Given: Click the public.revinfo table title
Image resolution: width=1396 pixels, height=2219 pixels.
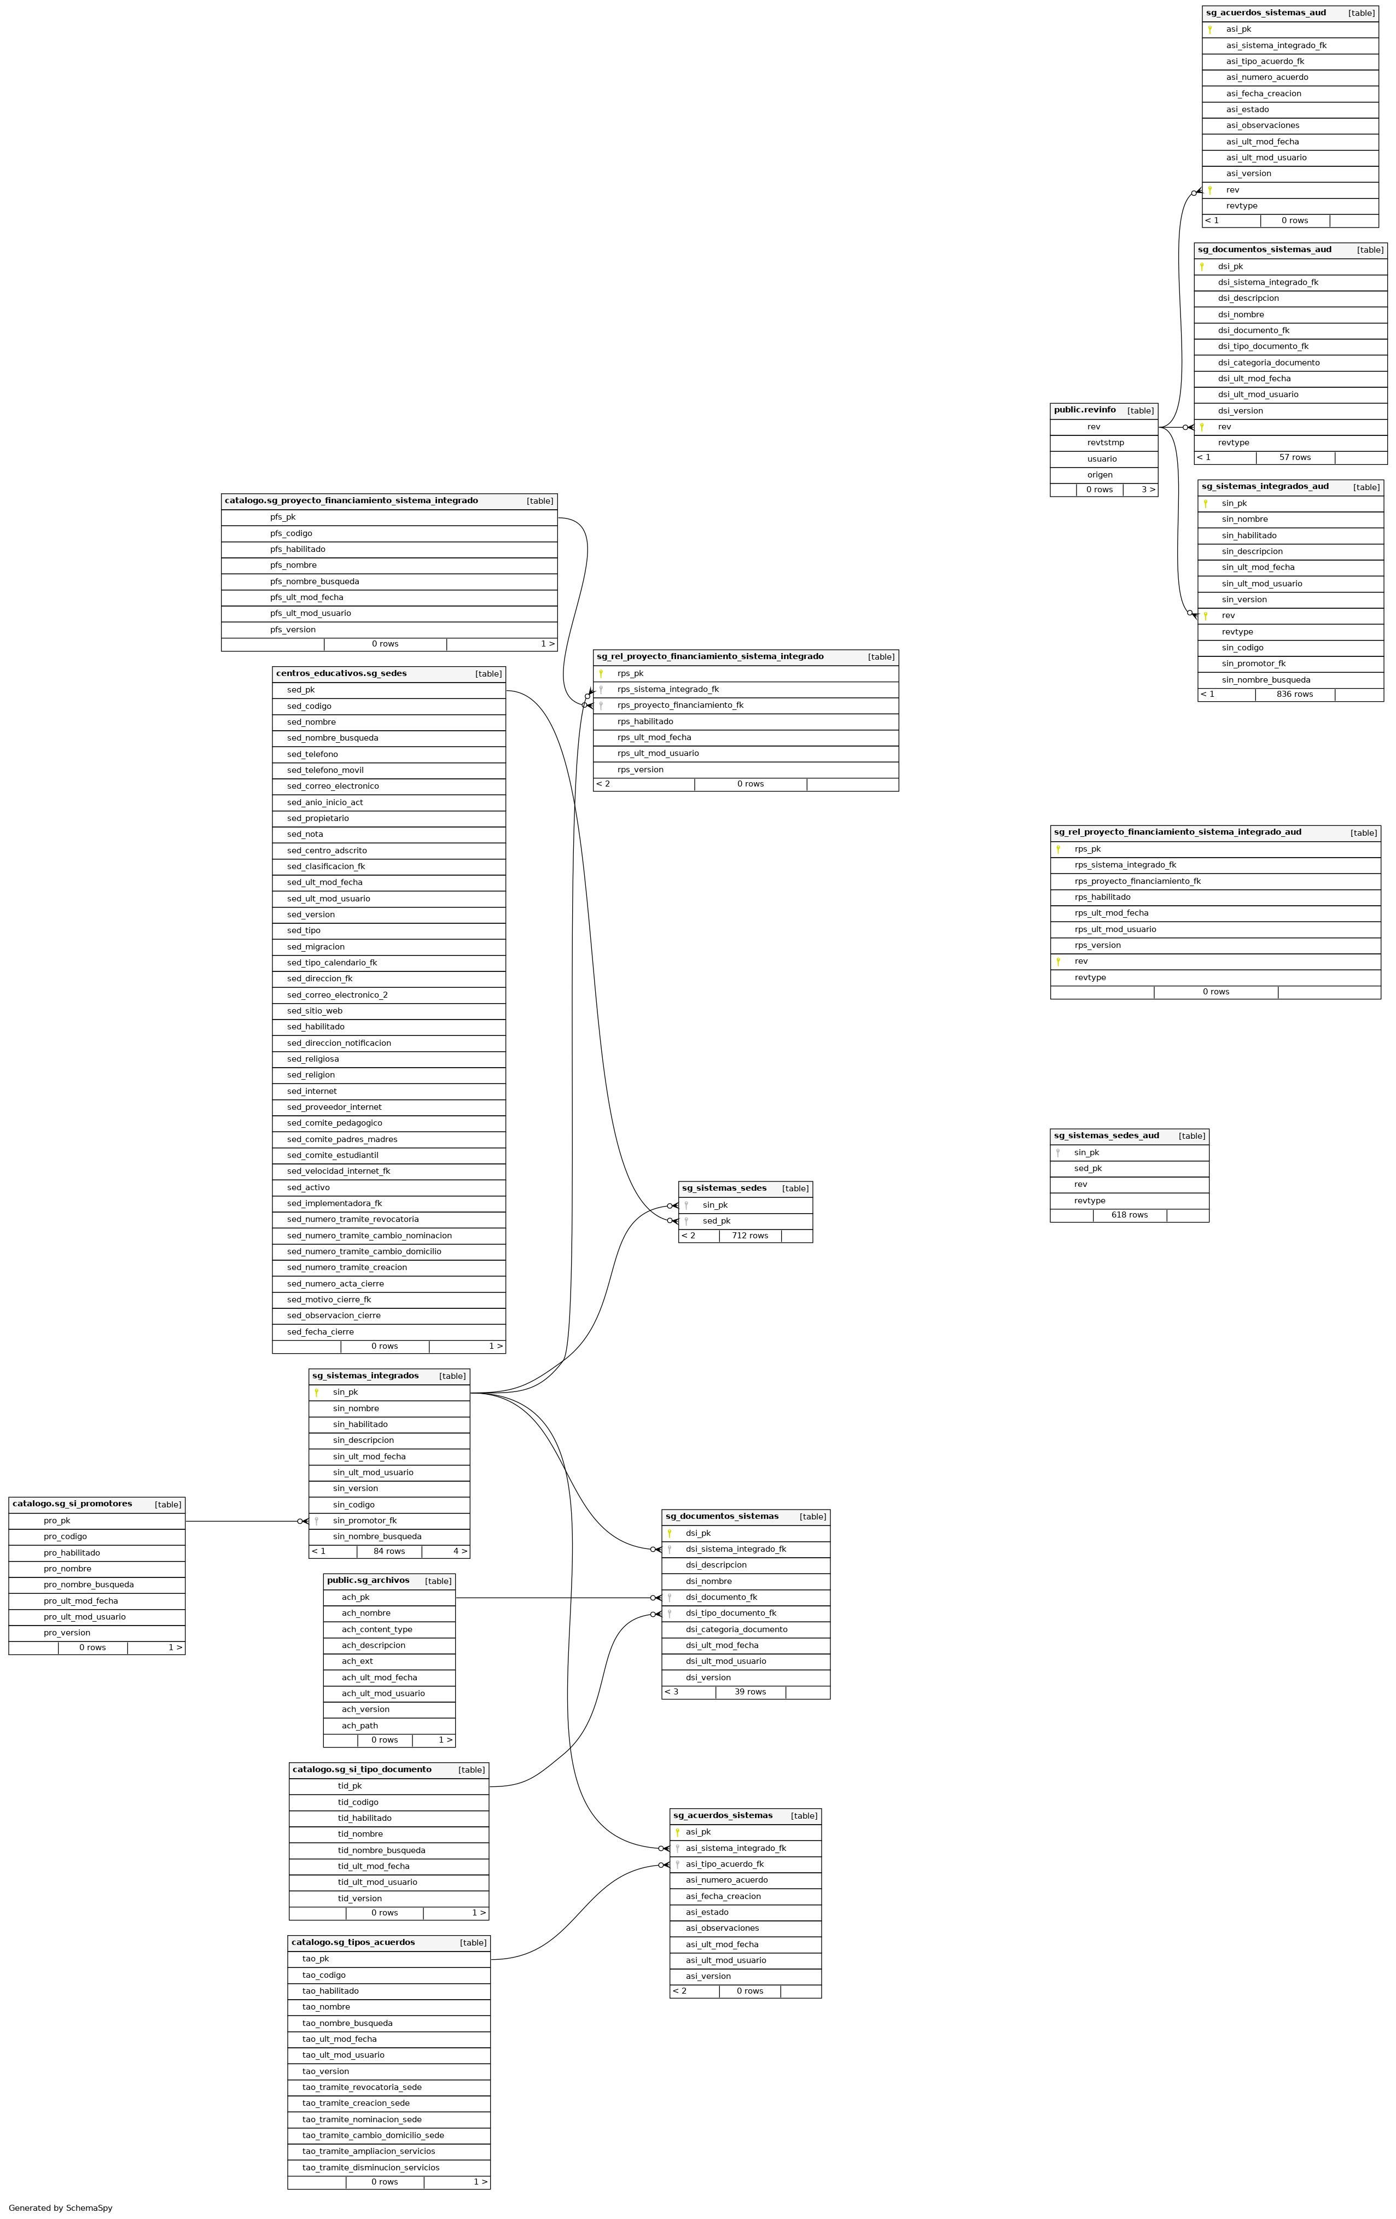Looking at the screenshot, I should tap(1085, 410).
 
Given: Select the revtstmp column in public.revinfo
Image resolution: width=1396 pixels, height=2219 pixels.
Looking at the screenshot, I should tap(1105, 443).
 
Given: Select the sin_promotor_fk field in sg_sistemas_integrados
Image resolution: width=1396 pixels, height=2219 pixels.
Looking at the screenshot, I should tap(365, 1521).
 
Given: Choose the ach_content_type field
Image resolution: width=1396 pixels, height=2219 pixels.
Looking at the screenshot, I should tap(377, 1629).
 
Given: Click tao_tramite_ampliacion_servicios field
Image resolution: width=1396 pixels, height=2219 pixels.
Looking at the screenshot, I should tap(369, 2151).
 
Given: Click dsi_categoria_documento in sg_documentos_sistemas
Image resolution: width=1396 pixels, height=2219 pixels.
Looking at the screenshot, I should tap(736, 1629).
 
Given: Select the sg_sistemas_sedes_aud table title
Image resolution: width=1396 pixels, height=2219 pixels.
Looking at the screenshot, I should tap(1106, 1135).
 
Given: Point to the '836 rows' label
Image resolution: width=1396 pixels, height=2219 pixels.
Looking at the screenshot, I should tap(1295, 694).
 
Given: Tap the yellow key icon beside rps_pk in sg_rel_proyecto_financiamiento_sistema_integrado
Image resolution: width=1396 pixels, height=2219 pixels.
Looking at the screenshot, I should tap(601, 674).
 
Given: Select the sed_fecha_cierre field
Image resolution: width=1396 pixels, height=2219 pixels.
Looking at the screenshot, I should tap(320, 1332).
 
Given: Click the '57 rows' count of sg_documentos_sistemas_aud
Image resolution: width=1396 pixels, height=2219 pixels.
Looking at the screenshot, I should tap(1295, 457).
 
